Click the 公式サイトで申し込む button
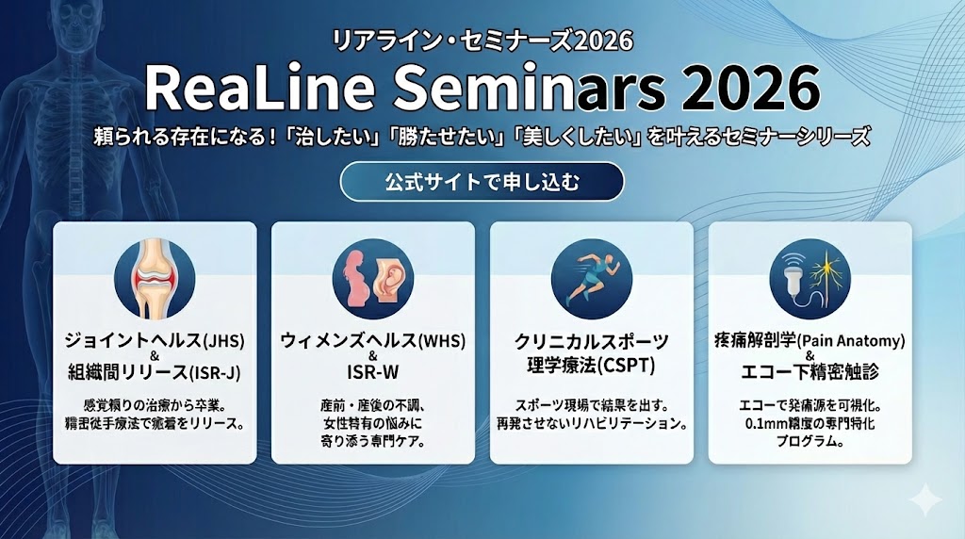click(482, 182)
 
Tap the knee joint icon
click(155, 279)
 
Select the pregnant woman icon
click(373, 279)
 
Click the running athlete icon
click(592, 279)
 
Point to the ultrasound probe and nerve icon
click(810, 279)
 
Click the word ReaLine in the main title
click(259, 88)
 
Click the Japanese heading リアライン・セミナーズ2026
click(482, 41)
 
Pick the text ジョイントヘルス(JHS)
click(155, 341)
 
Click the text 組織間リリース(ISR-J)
click(155, 372)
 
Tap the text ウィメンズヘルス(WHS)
click(373, 341)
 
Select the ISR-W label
click(373, 372)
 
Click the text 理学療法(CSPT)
click(592, 367)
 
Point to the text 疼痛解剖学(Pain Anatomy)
click(810, 340)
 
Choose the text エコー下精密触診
click(810, 371)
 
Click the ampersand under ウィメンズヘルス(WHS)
click(372, 356)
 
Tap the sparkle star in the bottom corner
click(925, 499)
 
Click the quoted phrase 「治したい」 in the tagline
click(335, 137)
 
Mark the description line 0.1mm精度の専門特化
click(810, 423)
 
